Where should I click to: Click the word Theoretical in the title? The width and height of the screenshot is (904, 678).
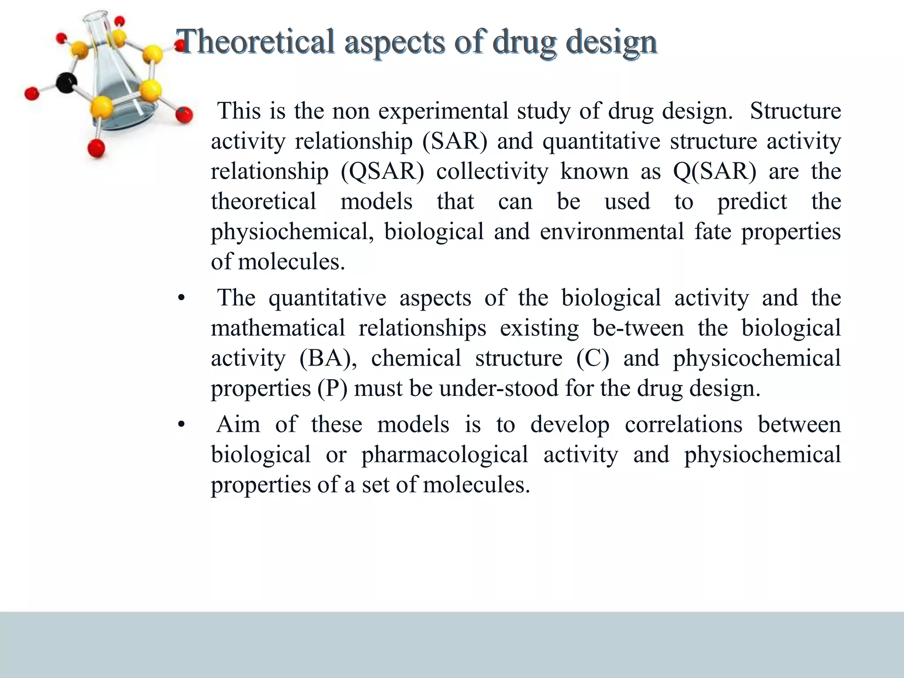pyautogui.click(x=256, y=42)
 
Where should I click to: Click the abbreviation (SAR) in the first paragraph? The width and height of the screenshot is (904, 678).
pyautogui.click(x=455, y=141)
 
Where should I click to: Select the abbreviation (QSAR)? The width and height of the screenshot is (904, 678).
pyautogui.click(x=382, y=171)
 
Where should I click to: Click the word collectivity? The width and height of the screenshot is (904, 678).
pyautogui.click(x=492, y=171)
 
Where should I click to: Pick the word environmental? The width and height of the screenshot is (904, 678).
pyautogui.click(x=612, y=231)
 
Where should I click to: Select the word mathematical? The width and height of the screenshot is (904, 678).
pyautogui.click(x=278, y=328)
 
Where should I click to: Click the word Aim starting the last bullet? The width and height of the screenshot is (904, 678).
pyautogui.click(x=238, y=424)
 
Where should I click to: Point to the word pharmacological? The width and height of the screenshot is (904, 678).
pyautogui.click(x=444, y=454)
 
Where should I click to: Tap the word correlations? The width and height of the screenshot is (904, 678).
pyautogui.click(x=684, y=424)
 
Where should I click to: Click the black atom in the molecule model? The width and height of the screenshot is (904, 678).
pyautogui.click(x=67, y=83)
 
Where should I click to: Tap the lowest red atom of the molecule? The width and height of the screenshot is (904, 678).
pyautogui.click(x=96, y=148)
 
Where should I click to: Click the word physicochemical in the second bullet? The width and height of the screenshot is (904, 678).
pyautogui.click(x=757, y=358)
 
